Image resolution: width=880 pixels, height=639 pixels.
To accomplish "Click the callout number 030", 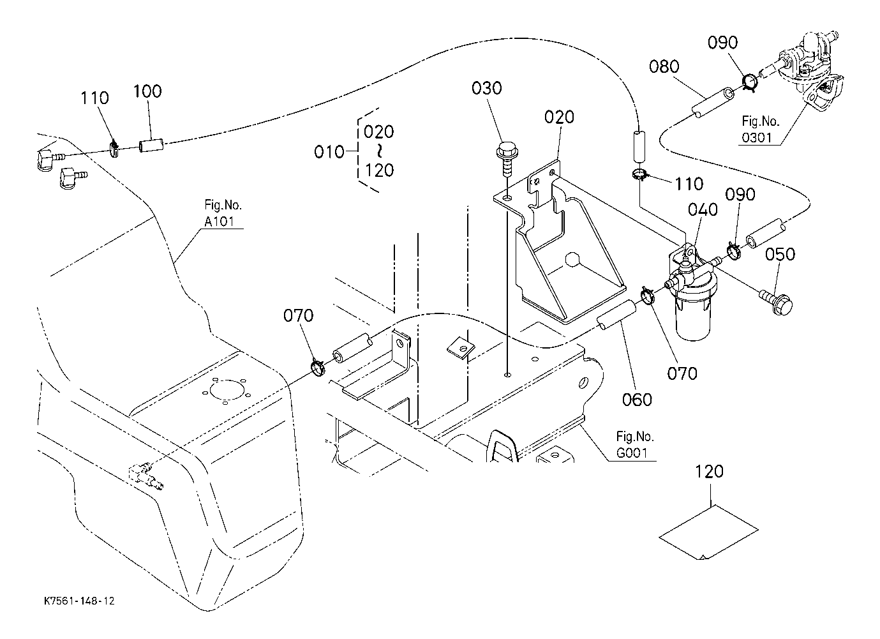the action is pyautogui.click(x=487, y=89).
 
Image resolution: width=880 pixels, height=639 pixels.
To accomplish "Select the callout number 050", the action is pyautogui.click(x=780, y=255).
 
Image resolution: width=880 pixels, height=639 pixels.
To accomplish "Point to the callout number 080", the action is pyautogui.click(x=664, y=67).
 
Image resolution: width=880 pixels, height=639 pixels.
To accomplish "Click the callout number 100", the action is pyautogui.click(x=147, y=91).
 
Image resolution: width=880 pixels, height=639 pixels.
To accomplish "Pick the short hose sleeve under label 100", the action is pyautogui.click(x=152, y=146).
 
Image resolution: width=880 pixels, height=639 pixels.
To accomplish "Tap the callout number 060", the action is pyautogui.click(x=637, y=400).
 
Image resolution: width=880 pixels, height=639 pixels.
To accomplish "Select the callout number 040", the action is pyautogui.click(x=703, y=210).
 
